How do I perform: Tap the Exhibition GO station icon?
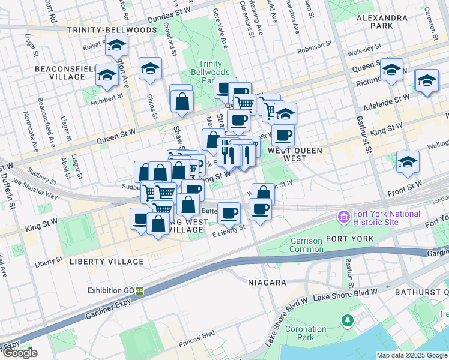(x=139, y=290)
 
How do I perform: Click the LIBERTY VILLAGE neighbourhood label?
(x=106, y=262)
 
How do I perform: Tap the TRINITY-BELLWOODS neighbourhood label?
(x=103, y=29)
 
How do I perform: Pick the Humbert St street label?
(x=107, y=95)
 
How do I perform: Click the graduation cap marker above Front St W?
(x=408, y=162)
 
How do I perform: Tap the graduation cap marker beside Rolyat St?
(x=116, y=46)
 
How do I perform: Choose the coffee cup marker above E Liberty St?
(x=228, y=212)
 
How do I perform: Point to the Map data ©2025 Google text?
(x=412, y=355)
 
